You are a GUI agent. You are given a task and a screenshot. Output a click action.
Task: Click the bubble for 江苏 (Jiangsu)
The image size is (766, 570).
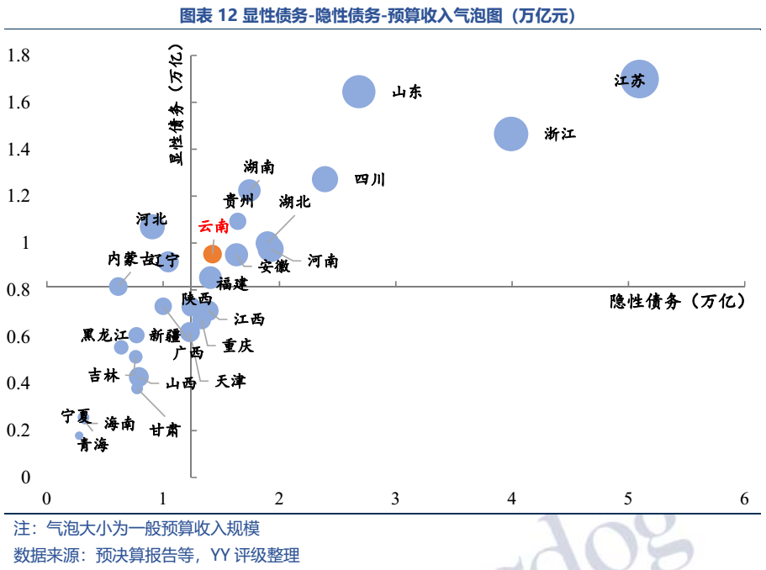click(640, 79)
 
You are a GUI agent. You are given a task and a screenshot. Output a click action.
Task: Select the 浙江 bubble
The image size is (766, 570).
click(510, 134)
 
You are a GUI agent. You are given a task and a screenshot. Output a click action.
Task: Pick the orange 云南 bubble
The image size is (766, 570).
click(213, 253)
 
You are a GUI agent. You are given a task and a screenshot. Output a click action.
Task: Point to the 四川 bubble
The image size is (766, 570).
click(325, 179)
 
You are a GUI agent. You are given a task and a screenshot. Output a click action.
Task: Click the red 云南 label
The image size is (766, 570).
click(213, 226)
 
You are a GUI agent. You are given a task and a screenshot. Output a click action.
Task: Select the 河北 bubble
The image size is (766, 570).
click(152, 224)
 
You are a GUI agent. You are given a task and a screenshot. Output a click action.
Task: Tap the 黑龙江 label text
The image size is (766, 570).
click(104, 335)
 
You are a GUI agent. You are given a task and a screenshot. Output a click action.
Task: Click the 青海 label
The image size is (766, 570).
click(92, 446)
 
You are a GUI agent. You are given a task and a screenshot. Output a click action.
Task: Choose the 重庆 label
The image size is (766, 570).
click(238, 346)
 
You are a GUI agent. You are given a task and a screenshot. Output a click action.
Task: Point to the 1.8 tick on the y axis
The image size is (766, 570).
click(19, 56)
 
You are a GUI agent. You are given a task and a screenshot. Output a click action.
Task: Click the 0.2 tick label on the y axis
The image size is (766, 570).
click(19, 430)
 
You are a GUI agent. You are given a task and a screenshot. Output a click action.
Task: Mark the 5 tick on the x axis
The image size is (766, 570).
click(628, 499)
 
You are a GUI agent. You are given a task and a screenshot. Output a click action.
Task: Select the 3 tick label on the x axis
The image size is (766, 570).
click(395, 499)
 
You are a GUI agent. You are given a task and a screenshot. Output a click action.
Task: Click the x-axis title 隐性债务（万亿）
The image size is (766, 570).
click(678, 302)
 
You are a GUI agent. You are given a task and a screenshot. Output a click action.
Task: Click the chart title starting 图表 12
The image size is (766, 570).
click(383, 16)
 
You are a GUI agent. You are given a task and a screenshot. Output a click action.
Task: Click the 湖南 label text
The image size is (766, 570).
click(259, 167)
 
